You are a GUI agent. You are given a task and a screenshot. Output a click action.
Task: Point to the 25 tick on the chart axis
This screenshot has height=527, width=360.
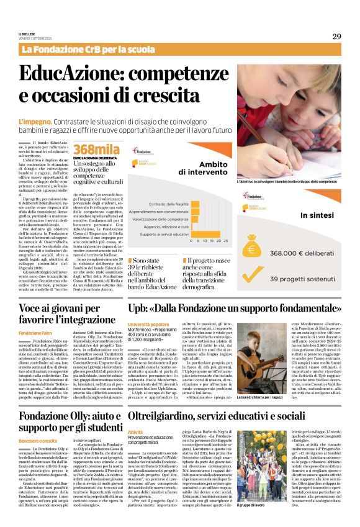pos(225,240)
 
